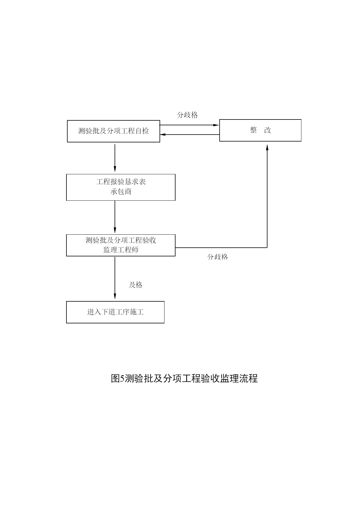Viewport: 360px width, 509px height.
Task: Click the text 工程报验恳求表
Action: pyautogui.click(x=121, y=182)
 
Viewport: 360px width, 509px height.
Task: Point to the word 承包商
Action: pyautogui.click(x=121, y=191)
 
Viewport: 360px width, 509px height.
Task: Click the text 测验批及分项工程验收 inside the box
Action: pyautogui.click(x=121, y=240)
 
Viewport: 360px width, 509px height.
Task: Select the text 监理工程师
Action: pyautogui.click(x=121, y=250)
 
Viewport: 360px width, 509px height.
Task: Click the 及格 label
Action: pyautogui.click(x=136, y=285)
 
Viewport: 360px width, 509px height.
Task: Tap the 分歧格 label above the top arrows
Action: pyautogui.click(x=187, y=115)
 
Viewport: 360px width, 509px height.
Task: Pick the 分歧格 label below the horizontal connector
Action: pyautogui.click(x=218, y=257)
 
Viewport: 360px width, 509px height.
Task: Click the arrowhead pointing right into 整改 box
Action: pyautogui.click(x=216, y=125)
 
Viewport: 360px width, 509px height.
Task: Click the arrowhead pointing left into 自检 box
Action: pyautogui.click(x=163, y=135)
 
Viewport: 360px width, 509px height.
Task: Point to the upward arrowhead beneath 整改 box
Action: pyautogui.click(x=267, y=147)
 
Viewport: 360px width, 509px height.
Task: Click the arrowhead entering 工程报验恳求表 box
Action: pyautogui.click(x=115, y=169)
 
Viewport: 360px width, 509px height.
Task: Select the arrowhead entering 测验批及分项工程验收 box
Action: pyautogui.click(x=115, y=230)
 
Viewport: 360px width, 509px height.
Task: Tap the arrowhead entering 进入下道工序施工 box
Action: pyautogui.click(x=115, y=296)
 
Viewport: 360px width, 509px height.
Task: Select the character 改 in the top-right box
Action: pyautogui.click(x=267, y=130)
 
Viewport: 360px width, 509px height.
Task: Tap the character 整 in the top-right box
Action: pyautogui.click(x=254, y=130)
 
